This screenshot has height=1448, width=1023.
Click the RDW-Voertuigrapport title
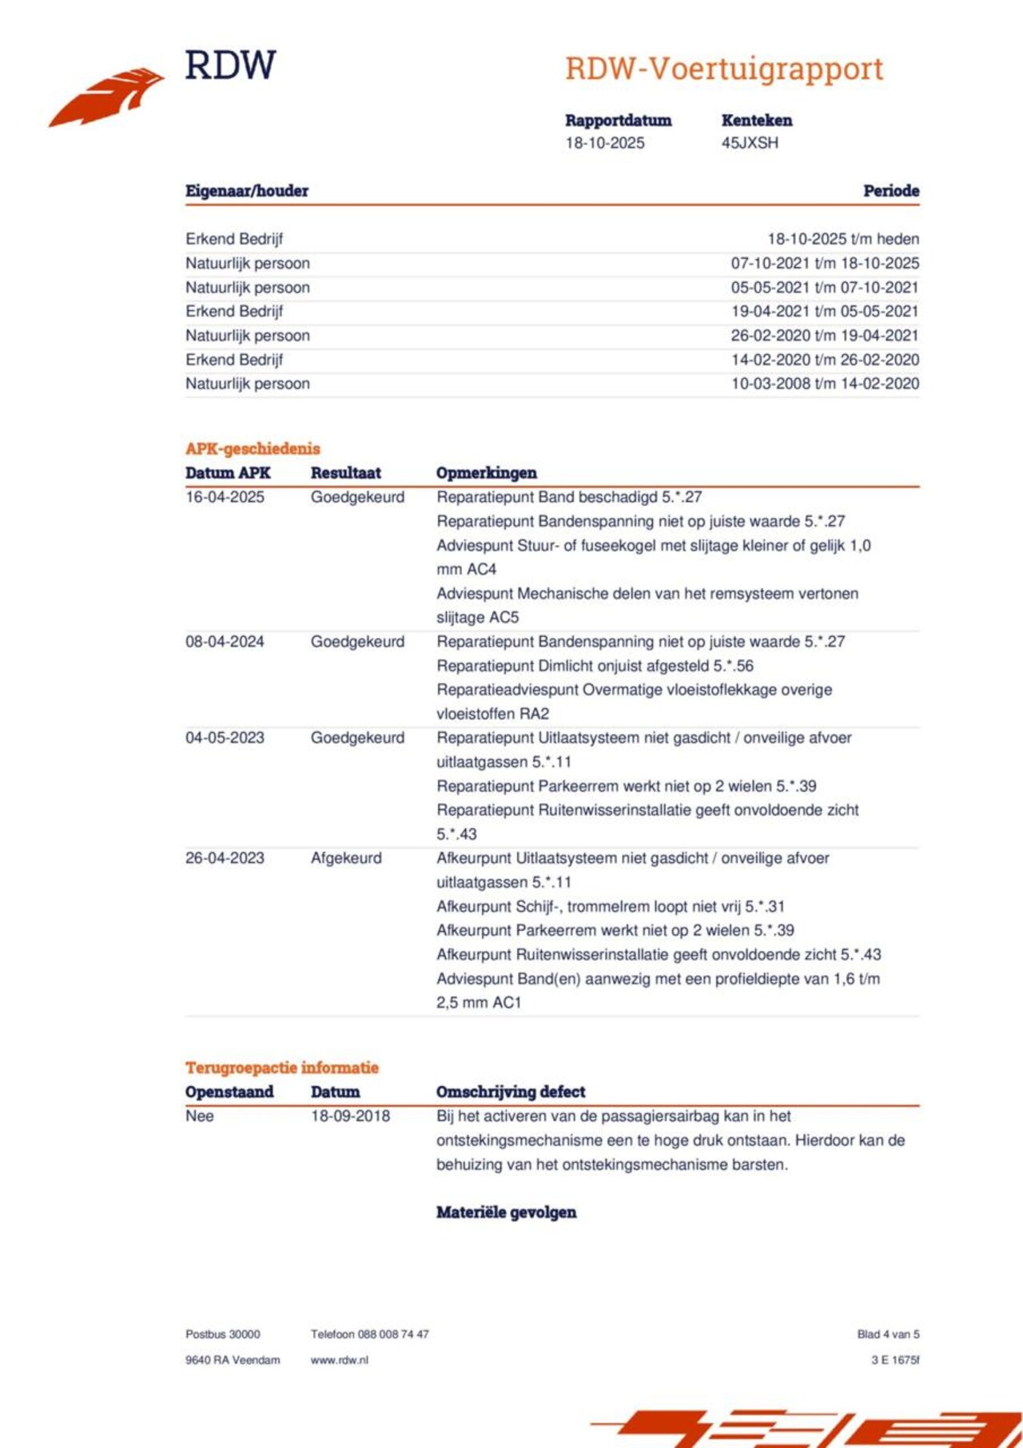click(x=724, y=69)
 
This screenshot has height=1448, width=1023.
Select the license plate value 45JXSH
click(x=750, y=143)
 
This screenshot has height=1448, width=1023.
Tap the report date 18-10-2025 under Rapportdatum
click(x=605, y=143)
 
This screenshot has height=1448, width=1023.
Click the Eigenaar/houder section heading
click(x=247, y=191)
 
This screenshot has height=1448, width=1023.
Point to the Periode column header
click(x=891, y=191)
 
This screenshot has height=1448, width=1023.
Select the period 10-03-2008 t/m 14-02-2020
click(x=825, y=384)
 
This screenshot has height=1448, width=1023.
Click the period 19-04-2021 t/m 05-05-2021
click(x=825, y=312)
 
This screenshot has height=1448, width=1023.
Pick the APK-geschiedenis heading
click(x=253, y=449)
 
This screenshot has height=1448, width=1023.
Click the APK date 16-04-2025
click(x=225, y=497)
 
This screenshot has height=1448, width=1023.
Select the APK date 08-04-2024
click(x=225, y=642)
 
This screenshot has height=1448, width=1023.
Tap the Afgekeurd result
click(x=346, y=858)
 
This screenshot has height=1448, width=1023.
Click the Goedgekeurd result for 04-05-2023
click(x=357, y=738)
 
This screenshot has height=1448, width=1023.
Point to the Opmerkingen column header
click(x=486, y=473)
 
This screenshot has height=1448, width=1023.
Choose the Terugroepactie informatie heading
click(x=282, y=1068)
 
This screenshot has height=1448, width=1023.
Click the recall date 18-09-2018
click(x=350, y=1116)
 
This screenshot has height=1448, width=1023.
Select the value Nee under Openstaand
click(x=200, y=1116)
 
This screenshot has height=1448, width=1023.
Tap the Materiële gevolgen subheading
click(x=506, y=1212)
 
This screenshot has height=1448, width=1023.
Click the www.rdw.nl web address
click(x=339, y=1360)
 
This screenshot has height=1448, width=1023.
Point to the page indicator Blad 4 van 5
click(x=888, y=1335)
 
